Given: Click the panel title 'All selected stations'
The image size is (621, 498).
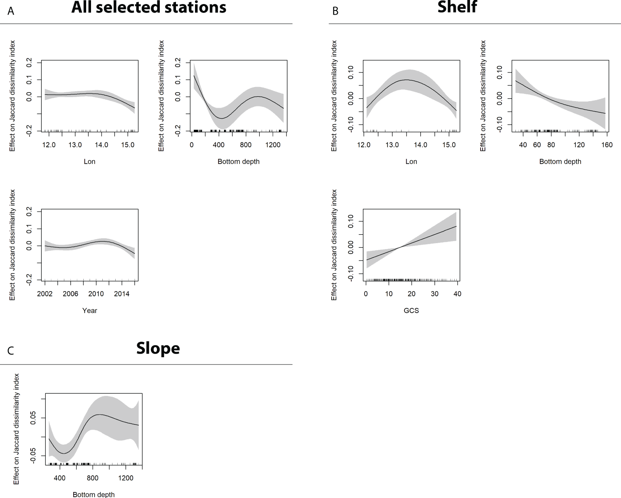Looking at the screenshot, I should click(x=148, y=8).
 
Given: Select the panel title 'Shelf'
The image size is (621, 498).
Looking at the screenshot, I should click(x=457, y=7).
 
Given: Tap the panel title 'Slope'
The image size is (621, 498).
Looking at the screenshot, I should click(x=158, y=348).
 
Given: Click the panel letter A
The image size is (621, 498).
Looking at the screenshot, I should click(x=11, y=11).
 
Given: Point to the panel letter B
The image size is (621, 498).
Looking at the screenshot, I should click(x=335, y=11).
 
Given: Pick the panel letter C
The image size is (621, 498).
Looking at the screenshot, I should click(x=11, y=350).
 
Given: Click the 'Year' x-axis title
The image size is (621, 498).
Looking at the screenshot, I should click(x=89, y=311).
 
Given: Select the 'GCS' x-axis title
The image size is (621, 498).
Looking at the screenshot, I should click(x=411, y=311).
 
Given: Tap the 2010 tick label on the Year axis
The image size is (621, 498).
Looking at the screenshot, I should click(x=96, y=294).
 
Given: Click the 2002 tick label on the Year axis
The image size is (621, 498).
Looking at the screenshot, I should click(x=45, y=294).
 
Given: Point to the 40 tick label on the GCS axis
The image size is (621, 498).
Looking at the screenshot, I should click(x=457, y=294).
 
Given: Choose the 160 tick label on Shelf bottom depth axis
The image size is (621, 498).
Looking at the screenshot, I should click(x=607, y=145).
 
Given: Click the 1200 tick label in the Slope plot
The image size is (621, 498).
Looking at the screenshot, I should click(x=125, y=478).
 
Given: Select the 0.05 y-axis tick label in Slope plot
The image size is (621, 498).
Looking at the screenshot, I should click(x=34, y=418).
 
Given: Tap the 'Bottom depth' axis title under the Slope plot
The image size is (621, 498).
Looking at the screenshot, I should click(x=93, y=494).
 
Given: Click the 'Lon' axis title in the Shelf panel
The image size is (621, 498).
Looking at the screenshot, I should click(x=411, y=162).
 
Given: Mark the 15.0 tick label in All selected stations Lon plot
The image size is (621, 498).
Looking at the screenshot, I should click(x=127, y=145).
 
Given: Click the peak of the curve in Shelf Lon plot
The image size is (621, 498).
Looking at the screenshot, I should click(x=407, y=80).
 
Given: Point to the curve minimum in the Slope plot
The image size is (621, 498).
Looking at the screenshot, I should click(x=64, y=453).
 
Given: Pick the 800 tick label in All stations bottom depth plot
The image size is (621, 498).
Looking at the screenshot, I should click(x=246, y=145).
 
